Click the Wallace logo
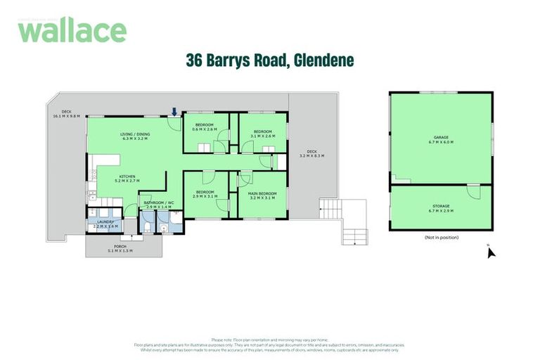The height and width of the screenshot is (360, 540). (x=72, y=30)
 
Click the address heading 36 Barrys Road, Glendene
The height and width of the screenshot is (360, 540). (x=269, y=60)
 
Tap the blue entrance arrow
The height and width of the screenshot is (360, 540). (x=174, y=111)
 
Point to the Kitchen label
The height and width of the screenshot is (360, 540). (x=127, y=179)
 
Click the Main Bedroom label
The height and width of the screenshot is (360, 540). (x=262, y=195)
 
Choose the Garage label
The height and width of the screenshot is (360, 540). (x=441, y=139)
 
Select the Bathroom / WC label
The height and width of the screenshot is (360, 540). (x=158, y=205)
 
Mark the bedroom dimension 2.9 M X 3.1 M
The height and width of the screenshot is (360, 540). (x=205, y=198)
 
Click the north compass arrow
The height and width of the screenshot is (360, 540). (x=491, y=252)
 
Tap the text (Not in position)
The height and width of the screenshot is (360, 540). (x=441, y=238)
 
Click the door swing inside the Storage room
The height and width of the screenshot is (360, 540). (x=474, y=191)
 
